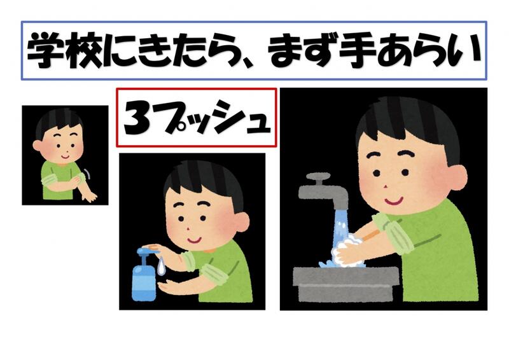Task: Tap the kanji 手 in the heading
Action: (x=357, y=50)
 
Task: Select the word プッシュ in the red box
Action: (x=214, y=117)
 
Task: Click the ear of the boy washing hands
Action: (x=457, y=179)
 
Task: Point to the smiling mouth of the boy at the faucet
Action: (x=394, y=201)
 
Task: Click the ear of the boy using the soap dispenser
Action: (x=242, y=223)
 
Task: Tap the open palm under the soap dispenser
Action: (x=172, y=287)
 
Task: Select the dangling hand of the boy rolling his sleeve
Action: (x=90, y=196)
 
